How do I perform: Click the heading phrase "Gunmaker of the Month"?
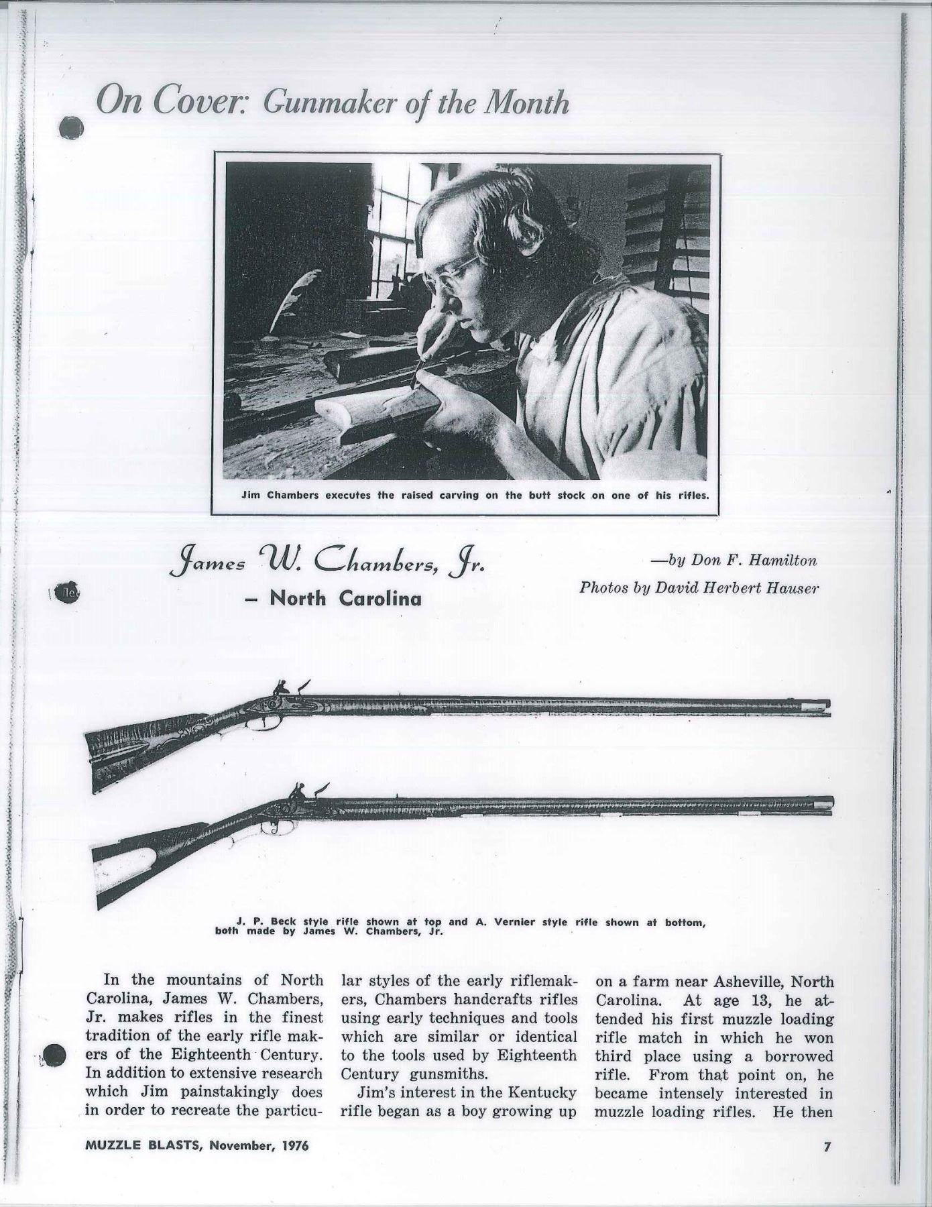(416, 103)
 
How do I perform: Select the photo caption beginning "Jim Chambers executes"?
(465, 496)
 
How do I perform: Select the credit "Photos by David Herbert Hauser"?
(699, 588)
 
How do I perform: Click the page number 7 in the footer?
(827, 1146)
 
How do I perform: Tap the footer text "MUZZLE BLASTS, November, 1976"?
(197, 1146)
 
